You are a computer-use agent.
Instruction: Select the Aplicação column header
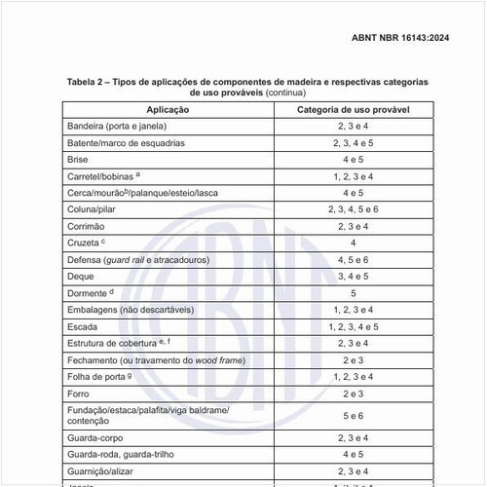tap(160, 110)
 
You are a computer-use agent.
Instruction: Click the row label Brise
tap(78, 159)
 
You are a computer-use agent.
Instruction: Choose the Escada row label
tap(83, 326)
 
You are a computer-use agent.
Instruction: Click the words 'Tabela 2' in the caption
tap(89, 82)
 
